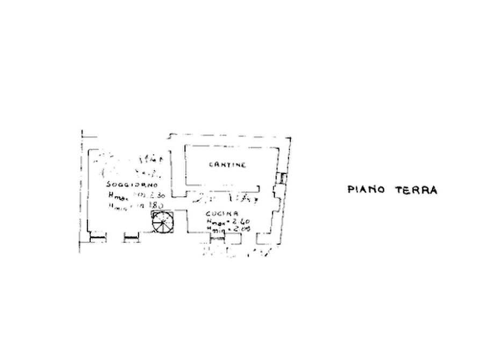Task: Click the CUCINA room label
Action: [x=218, y=214]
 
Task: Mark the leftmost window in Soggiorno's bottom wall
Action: [x=97, y=234]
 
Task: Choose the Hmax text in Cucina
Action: [x=213, y=221]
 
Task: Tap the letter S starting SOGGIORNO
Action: [x=109, y=186]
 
